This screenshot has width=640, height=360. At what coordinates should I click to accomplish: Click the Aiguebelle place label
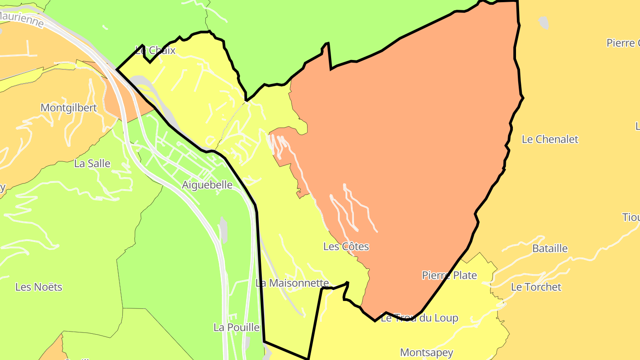click(x=207, y=185)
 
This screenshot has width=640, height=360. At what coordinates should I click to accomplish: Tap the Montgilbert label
click(x=68, y=108)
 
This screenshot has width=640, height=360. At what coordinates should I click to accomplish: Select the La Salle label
click(x=92, y=164)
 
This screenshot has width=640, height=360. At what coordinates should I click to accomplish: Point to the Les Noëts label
click(x=39, y=287)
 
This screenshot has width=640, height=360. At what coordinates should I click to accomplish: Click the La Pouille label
click(x=236, y=328)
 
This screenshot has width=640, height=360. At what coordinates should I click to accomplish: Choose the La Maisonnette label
click(x=292, y=283)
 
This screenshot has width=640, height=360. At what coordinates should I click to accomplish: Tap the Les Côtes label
click(x=346, y=246)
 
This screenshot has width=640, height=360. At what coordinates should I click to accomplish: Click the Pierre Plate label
click(x=449, y=276)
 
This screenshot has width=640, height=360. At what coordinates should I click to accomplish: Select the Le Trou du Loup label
click(x=420, y=318)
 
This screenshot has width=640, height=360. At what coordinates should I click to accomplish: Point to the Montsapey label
click(x=427, y=353)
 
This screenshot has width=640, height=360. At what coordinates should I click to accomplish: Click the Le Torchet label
click(x=536, y=287)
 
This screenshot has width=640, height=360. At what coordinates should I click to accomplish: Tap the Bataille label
click(x=550, y=248)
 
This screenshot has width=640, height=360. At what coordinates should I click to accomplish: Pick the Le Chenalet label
click(x=550, y=140)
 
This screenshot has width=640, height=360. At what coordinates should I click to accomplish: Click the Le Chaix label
click(x=156, y=51)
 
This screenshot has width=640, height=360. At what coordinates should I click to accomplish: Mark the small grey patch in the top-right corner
click(x=543, y=22)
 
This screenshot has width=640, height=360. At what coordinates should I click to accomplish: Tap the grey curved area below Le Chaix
click(x=147, y=87)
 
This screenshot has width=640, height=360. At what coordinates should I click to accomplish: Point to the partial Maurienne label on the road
click(x=22, y=19)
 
